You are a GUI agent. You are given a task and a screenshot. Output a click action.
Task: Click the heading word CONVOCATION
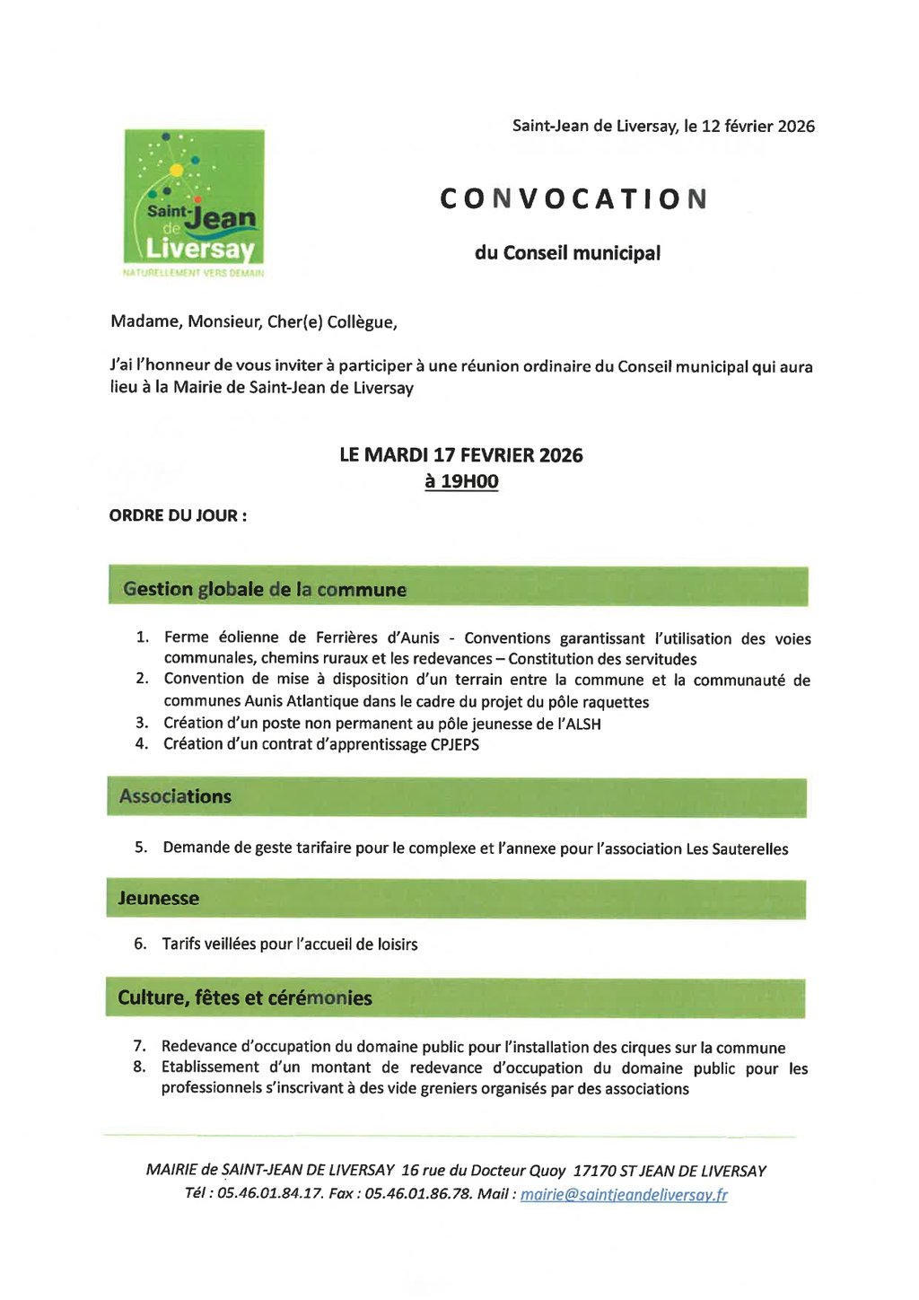[573, 199]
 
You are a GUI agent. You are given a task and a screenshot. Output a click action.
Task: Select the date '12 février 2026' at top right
[757, 127]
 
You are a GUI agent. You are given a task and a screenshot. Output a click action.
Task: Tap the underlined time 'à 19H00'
[461, 481]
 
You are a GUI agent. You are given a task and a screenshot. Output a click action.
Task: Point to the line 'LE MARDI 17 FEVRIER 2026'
[461, 455]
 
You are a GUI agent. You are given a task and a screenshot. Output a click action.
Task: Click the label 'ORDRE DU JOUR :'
[178, 515]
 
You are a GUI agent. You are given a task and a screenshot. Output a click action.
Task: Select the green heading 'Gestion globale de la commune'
[265, 589]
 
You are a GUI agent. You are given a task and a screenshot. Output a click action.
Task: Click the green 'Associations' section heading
[175, 796]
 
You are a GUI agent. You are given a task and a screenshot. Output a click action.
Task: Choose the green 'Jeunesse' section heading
[159, 898]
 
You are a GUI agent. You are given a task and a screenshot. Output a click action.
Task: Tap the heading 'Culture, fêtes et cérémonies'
[245, 997]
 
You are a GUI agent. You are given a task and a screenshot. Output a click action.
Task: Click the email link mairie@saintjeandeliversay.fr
[624, 1195]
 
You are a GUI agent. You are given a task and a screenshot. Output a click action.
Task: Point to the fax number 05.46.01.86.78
[418, 1194]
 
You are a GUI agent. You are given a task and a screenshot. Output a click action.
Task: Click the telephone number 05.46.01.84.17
[269, 1194]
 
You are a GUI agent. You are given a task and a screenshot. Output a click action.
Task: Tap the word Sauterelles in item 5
[750, 848]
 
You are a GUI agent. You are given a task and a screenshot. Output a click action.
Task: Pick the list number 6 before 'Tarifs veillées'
[140, 944]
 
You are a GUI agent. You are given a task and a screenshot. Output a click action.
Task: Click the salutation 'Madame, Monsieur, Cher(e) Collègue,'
[254, 321]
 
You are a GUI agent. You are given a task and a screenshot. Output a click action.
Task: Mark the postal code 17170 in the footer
[594, 1171]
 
